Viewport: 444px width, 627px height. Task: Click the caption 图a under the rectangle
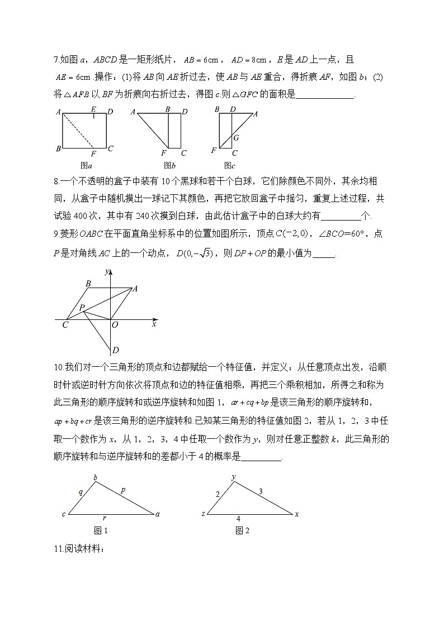click(x=86, y=165)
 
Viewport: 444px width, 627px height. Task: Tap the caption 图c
click(x=229, y=165)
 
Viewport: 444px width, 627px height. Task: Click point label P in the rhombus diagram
click(x=81, y=308)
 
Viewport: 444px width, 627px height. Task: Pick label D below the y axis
click(x=115, y=351)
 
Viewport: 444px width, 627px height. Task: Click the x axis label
click(x=154, y=324)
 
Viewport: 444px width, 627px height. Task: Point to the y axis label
click(x=106, y=271)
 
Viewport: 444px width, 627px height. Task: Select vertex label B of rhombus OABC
click(x=88, y=284)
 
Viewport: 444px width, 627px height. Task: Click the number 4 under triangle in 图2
click(x=238, y=519)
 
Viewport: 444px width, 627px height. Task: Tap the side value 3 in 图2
click(x=261, y=491)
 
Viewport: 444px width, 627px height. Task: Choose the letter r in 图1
click(x=105, y=518)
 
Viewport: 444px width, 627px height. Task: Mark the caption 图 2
click(x=242, y=530)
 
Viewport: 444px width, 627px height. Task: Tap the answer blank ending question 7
click(x=325, y=94)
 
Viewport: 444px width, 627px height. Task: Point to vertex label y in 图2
click(x=233, y=476)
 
